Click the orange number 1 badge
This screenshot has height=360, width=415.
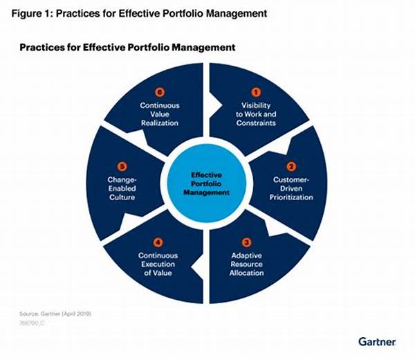coord(256,92)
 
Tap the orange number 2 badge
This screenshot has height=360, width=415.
coord(291,166)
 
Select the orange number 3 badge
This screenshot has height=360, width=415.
coord(246,242)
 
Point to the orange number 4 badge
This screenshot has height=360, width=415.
coord(158,242)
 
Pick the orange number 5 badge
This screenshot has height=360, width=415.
coord(122,166)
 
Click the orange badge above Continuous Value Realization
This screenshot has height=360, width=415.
coord(160,92)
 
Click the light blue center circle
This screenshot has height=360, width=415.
coord(206,183)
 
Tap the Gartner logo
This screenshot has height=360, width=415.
coord(377,342)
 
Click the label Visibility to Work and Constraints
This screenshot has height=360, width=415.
coord(256,114)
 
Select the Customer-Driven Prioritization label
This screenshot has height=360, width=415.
coord(291,188)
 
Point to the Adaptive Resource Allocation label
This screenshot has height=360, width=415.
coord(246,264)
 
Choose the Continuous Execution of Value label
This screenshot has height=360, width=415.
coord(158,264)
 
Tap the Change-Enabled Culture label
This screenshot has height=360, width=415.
coord(122,188)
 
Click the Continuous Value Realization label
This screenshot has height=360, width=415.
coord(160,114)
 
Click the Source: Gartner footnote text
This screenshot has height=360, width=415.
coord(55,314)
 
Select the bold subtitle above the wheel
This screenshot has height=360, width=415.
coord(127,48)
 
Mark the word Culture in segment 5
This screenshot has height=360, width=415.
coord(122,197)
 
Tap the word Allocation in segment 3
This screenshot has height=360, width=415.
coord(246,273)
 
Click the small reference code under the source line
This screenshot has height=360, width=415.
coord(32,323)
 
